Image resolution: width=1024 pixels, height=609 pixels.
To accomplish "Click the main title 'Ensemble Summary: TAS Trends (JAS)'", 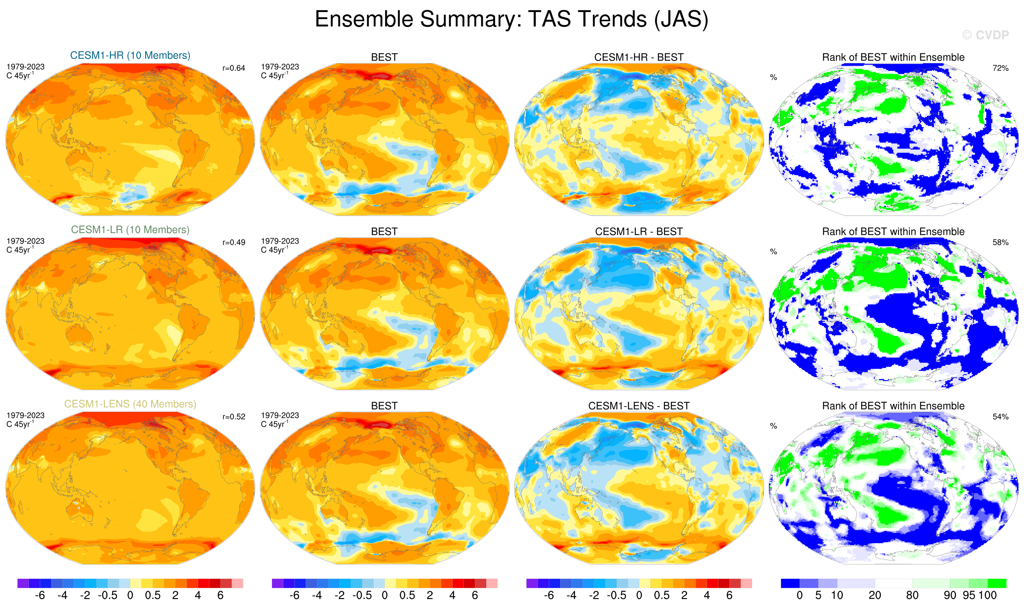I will [512, 19].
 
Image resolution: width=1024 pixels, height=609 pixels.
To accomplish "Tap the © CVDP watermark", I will [985, 35].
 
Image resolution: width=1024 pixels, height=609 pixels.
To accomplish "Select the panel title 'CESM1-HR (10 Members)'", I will [130, 55].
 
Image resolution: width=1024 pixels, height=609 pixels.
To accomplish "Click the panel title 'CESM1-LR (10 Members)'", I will [130, 230].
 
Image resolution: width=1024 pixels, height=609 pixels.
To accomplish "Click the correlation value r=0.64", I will [234, 68].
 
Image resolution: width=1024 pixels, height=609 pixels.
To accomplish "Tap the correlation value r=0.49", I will [234, 242].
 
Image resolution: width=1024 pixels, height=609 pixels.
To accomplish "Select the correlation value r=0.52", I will [234, 417].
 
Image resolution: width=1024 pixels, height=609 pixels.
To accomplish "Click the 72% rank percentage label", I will [1000, 68].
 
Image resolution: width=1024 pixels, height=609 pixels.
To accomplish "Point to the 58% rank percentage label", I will [1000, 242].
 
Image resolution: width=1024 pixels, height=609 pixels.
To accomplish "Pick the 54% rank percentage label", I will [1000, 417].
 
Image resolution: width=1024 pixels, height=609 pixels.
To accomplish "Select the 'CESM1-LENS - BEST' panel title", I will [639, 406].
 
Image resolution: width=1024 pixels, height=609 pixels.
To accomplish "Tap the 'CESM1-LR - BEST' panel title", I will [639, 232].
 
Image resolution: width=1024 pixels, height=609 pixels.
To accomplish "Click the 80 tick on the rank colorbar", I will [912, 595].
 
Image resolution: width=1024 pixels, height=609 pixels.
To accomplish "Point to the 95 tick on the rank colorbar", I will [969, 595].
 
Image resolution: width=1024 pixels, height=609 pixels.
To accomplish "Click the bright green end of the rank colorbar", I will [997, 583].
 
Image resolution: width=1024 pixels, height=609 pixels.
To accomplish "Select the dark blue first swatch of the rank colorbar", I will [790, 583].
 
